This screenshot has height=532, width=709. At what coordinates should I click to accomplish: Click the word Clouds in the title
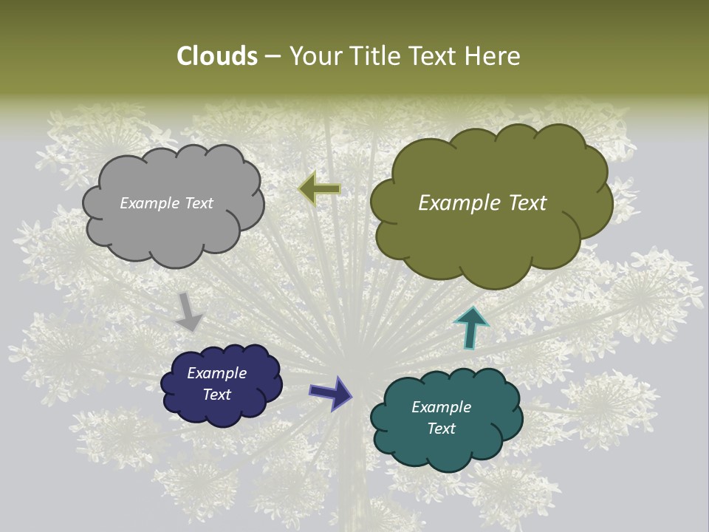(216, 56)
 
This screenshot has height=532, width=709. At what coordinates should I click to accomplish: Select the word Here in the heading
(494, 56)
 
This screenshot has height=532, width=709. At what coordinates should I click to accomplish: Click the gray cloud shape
(174, 229)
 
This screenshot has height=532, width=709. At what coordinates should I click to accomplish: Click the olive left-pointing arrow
(319, 189)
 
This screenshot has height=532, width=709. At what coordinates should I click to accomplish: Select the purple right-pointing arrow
(331, 392)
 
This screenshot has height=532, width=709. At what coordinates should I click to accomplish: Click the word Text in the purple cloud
(217, 395)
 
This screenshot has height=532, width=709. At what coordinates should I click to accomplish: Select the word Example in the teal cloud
(441, 407)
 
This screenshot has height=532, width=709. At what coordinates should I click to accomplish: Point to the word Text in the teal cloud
(441, 429)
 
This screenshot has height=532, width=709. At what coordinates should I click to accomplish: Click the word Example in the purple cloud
(217, 373)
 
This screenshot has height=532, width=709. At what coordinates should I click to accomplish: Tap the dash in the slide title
(273, 57)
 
